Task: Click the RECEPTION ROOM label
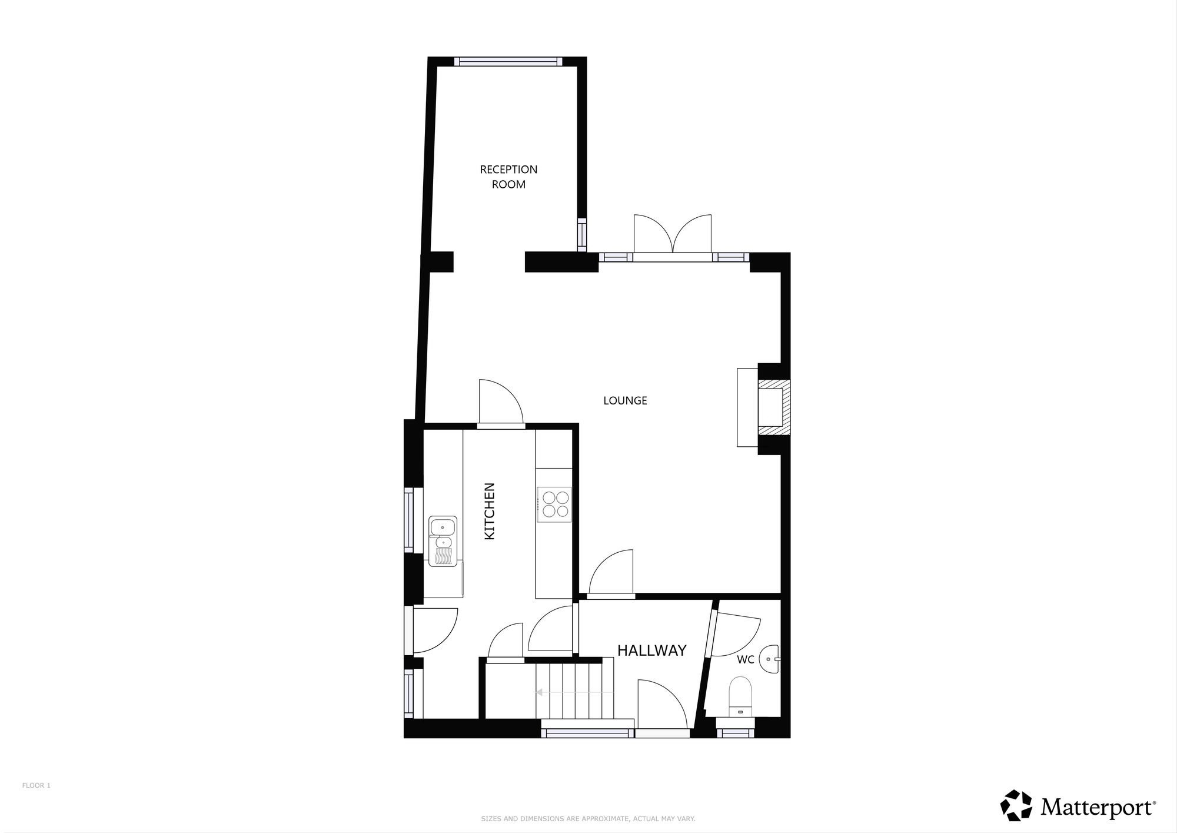pos(508,177)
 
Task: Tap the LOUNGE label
pos(625,401)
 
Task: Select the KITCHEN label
pos(490,511)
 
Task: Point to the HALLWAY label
pos(651,651)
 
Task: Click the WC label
pos(745,660)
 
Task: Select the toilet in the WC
pos(741,695)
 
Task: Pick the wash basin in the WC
pos(769,659)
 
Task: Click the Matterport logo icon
pos(1016,805)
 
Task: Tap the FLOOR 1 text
pos(36,785)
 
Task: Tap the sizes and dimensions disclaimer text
pos(588,819)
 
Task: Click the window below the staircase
pos(587,733)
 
